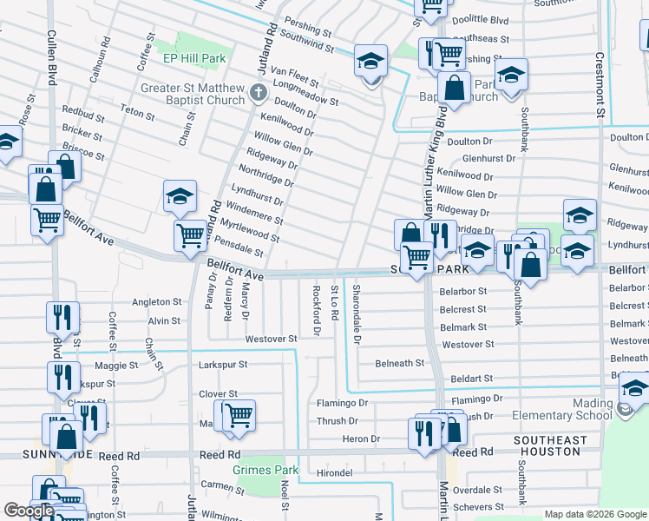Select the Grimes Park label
[265, 470]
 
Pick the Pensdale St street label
[243, 250]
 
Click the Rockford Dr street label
[317, 311]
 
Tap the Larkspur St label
[223, 365]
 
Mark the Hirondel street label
[334, 472]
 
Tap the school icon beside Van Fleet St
[371, 63]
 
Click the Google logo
[29, 511]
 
